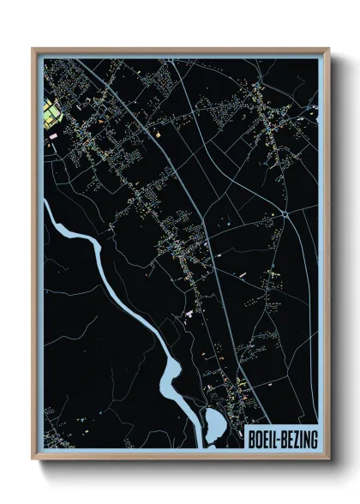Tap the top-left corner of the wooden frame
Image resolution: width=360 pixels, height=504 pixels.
click(33, 49)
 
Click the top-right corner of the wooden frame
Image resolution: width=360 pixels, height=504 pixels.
click(327, 49)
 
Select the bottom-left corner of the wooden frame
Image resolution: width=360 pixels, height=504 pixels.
click(33, 459)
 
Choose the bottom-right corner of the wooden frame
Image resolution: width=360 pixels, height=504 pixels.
click(327, 459)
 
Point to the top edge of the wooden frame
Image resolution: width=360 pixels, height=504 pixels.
click(180, 50)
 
